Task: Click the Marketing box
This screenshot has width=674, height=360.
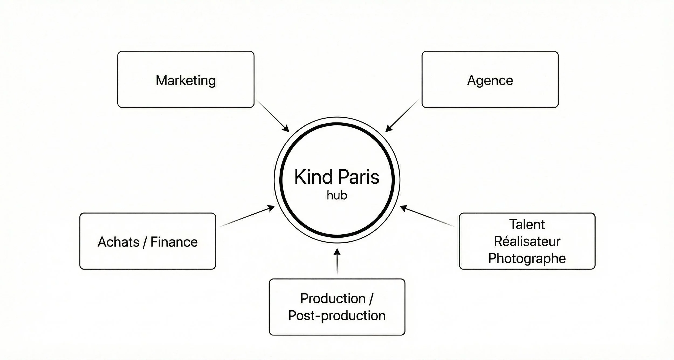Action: [186, 80]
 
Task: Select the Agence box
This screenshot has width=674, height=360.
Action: [490, 80]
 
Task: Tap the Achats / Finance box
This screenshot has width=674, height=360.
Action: [147, 241]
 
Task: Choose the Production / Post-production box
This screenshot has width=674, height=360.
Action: [337, 307]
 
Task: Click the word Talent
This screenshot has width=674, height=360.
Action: [527, 224]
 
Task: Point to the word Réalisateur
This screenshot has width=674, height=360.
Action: [527, 241]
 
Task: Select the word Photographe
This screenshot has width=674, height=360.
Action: [527, 258]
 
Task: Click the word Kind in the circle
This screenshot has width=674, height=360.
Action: [313, 177]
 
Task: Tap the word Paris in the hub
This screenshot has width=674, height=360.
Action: [359, 177]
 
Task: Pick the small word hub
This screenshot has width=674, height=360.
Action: [337, 195]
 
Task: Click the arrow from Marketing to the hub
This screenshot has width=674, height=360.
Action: [272, 116]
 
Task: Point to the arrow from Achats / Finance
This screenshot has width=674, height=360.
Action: [247, 216]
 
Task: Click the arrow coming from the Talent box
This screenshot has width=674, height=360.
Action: [427, 216]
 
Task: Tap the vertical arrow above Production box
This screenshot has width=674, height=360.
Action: [337, 262]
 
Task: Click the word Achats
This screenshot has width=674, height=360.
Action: [118, 242]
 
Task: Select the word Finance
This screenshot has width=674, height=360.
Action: [174, 242]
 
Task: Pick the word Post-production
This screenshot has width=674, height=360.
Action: [337, 316]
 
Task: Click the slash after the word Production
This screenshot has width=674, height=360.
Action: [371, 299]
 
